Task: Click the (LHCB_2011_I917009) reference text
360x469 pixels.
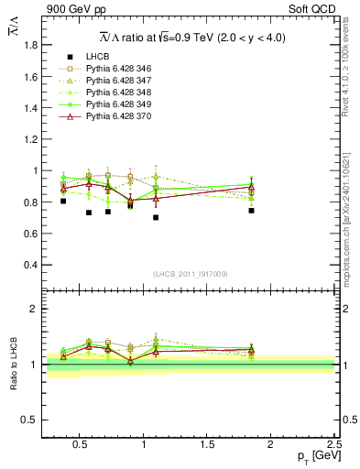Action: (x=191, y=274)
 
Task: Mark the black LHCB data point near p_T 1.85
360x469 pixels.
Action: (x=251, y=211)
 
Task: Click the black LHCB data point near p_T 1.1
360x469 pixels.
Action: (x=156, y=218)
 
